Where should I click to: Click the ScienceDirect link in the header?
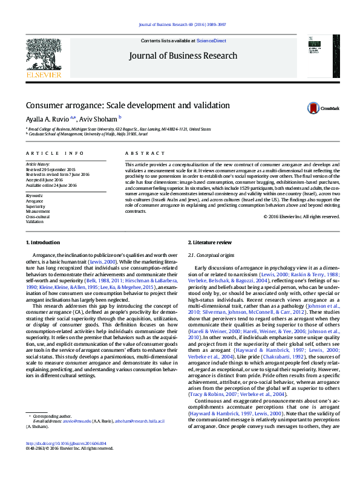click(x=211, y=41)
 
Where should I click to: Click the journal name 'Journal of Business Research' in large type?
click(x=183, y=56)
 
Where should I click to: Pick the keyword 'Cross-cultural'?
click(x=39, y=216)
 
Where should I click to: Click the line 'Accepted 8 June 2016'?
click(x=45, y=180)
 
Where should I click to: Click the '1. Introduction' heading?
click(x=44, y=242)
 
